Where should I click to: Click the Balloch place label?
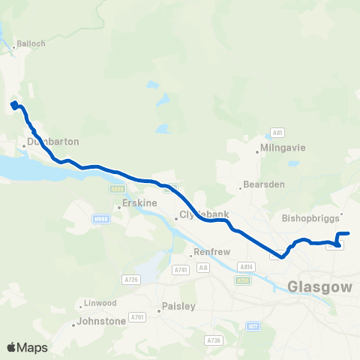coord(31,43)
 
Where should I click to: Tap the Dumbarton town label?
coord(52,141)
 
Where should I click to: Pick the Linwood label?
coord(98,303)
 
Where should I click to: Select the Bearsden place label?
coord(260,185)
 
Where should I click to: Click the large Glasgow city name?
coord(319,286)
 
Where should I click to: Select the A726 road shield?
coord(131,279)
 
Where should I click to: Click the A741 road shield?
coord(180,269)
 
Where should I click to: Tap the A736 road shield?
coord(214,340)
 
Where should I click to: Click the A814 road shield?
coord(246,266)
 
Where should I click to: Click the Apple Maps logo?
coord(27,347)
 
